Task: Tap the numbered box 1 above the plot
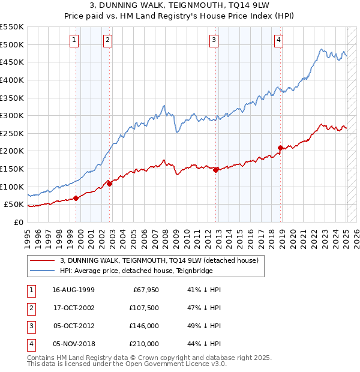(x=74, y=40)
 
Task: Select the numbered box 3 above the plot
(x=214, y=40)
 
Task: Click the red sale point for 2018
(x=280, y=147)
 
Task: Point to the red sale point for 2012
(x=215, y=170)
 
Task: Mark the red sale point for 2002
(x=109, y=184)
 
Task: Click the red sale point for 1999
(x=76, y=198)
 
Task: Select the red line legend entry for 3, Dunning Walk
(x=159, y=260)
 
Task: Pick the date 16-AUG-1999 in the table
(x=74, y=290)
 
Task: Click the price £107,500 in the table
(x=145, y=308)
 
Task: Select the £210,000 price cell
(x=145, y=344)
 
